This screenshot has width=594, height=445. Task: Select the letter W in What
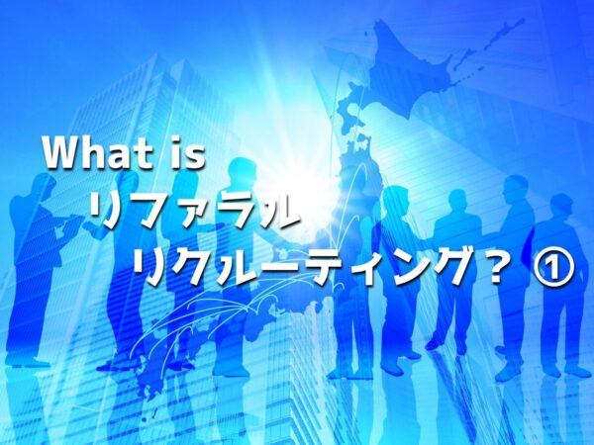[x=61, y=152]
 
